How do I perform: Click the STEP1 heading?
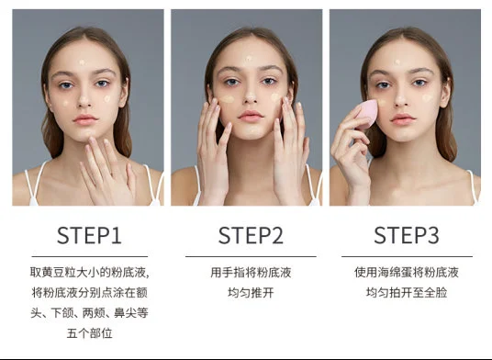click(89, 235)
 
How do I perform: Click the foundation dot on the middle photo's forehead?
click(249, 61)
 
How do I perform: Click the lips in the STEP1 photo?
click(85, 119)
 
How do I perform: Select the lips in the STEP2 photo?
click(250, 118)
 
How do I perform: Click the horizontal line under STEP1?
click(89, 256)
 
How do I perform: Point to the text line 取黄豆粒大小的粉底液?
click(89, 273)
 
